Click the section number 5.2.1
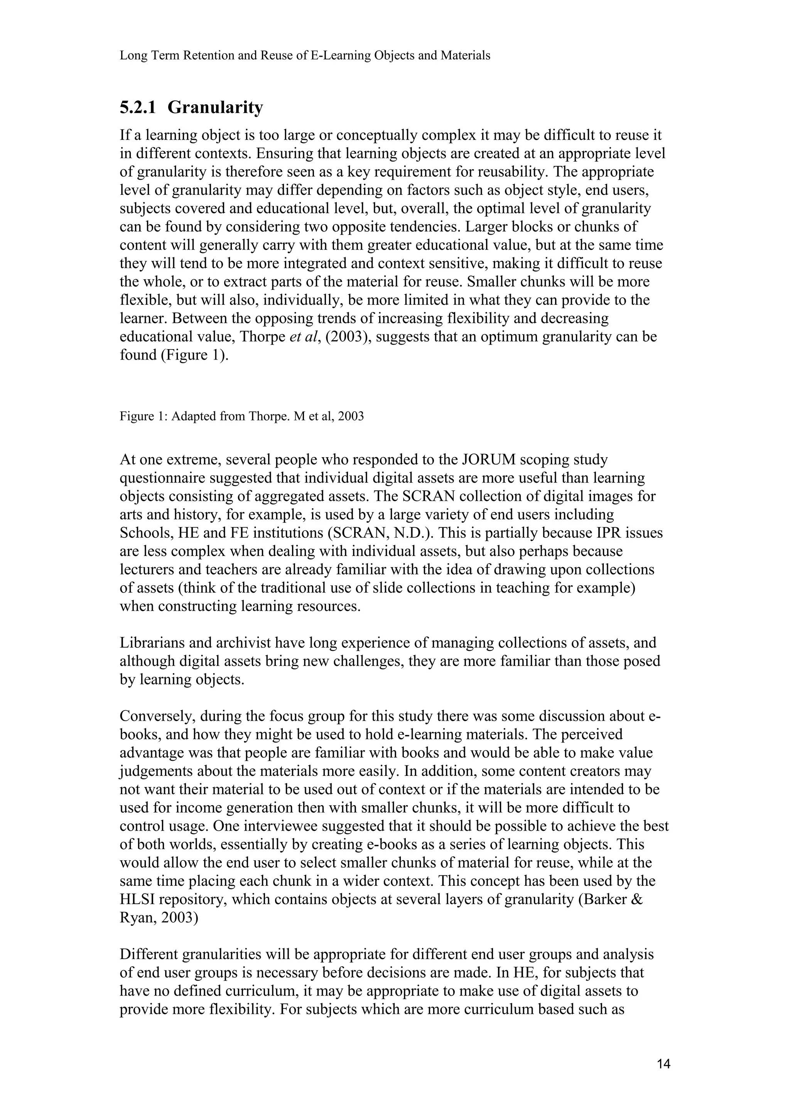point(138,108)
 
